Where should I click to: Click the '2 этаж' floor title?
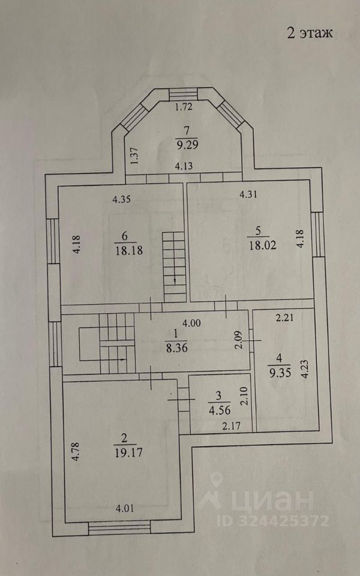(x=309, y=32)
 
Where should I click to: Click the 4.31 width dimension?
(x=251, y=194)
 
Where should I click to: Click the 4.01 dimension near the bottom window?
(x=124, y=509)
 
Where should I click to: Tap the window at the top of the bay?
(x=183, y=94)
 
